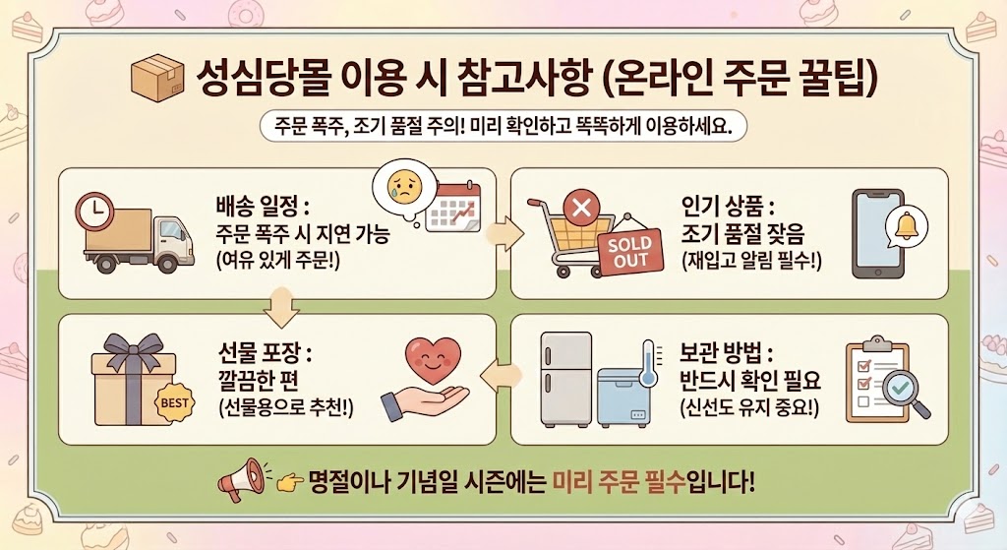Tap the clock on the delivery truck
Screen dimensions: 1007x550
pos(94,211)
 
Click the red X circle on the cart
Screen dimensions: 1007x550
pos(580,209)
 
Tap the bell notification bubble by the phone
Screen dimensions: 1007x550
pos(905,229)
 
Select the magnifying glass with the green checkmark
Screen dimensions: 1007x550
pos(898,391)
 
